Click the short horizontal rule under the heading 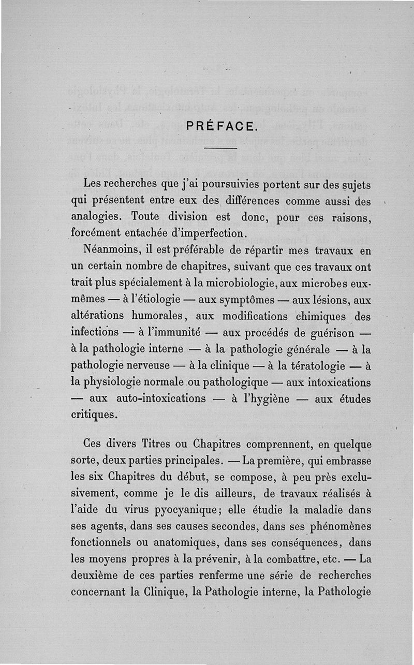224,150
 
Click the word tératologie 312,366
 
